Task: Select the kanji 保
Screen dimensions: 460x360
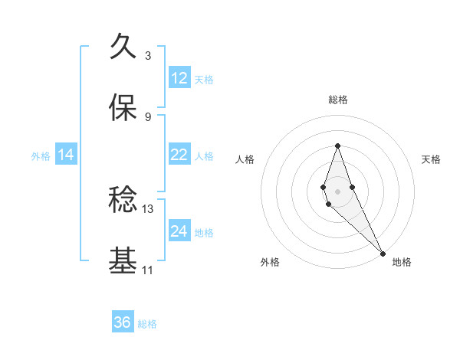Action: [123, 108]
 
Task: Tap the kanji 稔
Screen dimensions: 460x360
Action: [123, 201]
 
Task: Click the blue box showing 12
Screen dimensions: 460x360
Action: [179, 78]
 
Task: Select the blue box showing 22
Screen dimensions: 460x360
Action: [179, 155]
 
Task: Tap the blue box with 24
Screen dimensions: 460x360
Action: [179, 231]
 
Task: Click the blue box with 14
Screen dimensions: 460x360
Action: [66, 155]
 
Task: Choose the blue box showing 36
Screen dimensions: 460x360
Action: [123, 322]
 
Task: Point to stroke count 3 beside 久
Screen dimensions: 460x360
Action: [148, 55]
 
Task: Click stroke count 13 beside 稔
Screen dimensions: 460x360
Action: [148, 208]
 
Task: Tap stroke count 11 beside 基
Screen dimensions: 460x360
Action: [148, 270]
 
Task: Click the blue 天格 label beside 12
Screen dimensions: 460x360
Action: [204, 79]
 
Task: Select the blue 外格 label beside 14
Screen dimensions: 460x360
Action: [41, 155]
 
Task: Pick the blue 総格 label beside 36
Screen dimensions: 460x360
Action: [147, 323]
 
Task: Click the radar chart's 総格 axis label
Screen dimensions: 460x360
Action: [337, 100]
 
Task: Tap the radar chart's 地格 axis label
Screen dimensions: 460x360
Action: [402, 262]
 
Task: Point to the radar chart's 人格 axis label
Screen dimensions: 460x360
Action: [245, 159]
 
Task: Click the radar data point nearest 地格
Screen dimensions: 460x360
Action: [383, 253]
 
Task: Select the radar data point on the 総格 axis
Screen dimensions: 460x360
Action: [337, 146]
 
